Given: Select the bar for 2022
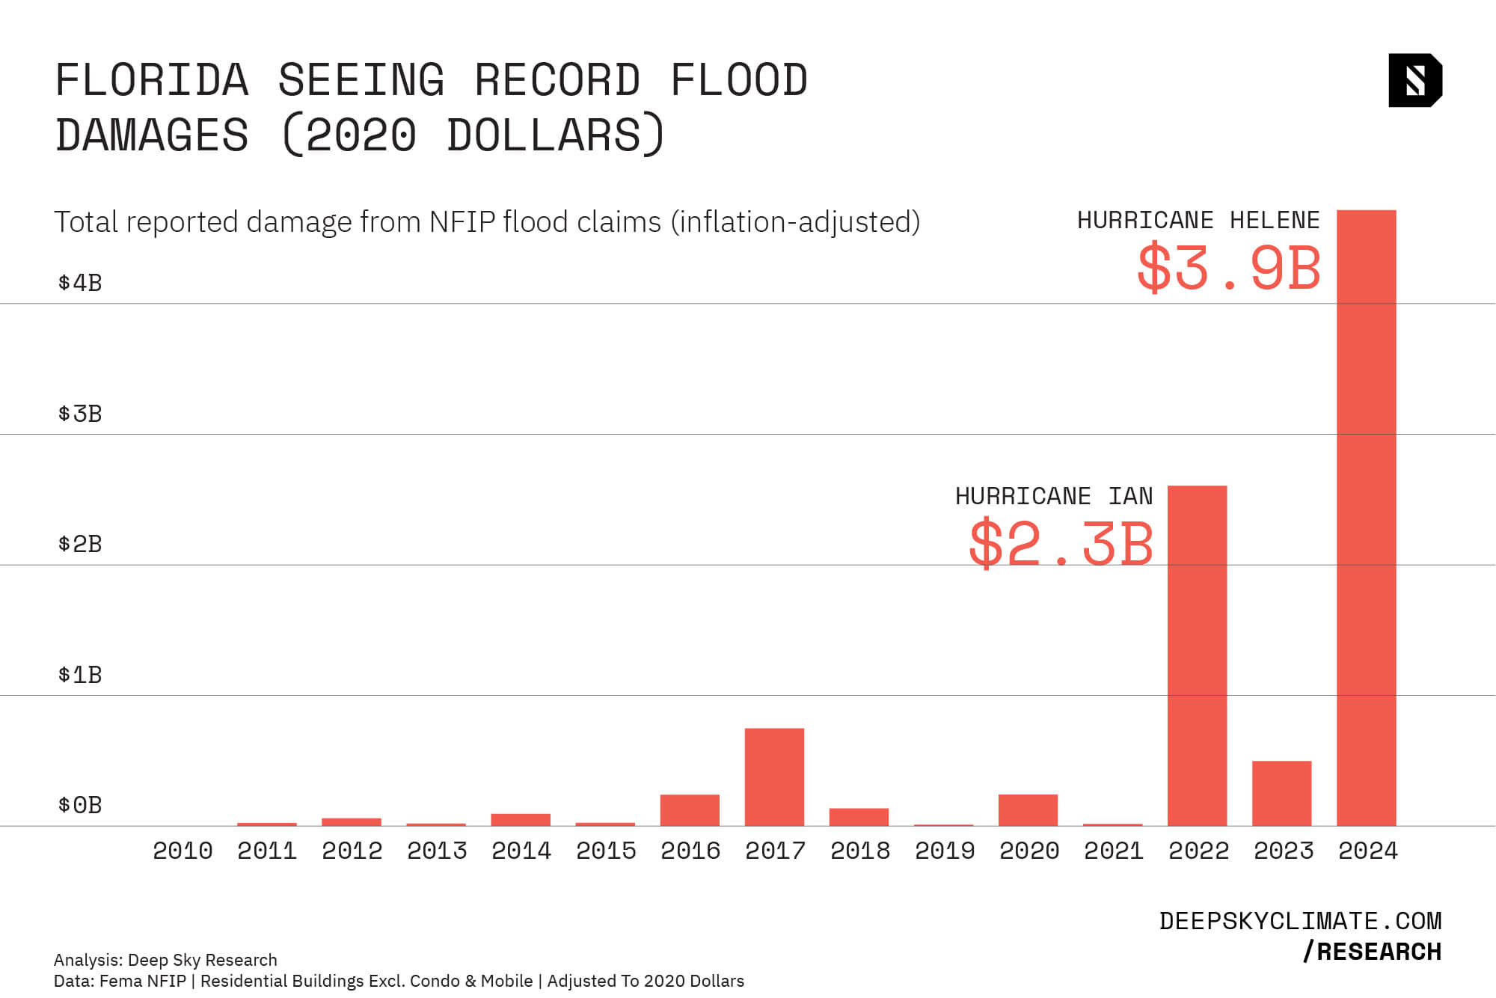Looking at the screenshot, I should (1197, 655).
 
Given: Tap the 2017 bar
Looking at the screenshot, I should (774, 777).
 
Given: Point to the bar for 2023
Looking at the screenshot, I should (1281, 793).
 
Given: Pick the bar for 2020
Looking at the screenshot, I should (1028, 809).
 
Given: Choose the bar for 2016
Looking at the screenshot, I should (690, 809).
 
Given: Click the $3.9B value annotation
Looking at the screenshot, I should (1229, 268).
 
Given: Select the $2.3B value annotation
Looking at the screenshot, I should (1061, 544).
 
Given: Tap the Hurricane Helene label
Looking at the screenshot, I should (1198, 220).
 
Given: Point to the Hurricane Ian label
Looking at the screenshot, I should (1054, 496).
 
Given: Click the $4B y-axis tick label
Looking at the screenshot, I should (80, 283).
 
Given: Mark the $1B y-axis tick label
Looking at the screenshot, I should (80, 675).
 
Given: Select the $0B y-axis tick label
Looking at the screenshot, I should (80, 805).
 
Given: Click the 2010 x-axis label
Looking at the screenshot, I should (183, 851).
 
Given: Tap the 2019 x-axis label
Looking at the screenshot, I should (945, 851).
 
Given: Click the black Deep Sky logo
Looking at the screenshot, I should (1414, 80).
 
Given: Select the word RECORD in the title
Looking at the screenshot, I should (557, 80).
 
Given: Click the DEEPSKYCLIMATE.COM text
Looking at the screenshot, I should (1300, 921).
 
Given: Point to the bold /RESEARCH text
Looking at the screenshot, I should (1372, 952).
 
